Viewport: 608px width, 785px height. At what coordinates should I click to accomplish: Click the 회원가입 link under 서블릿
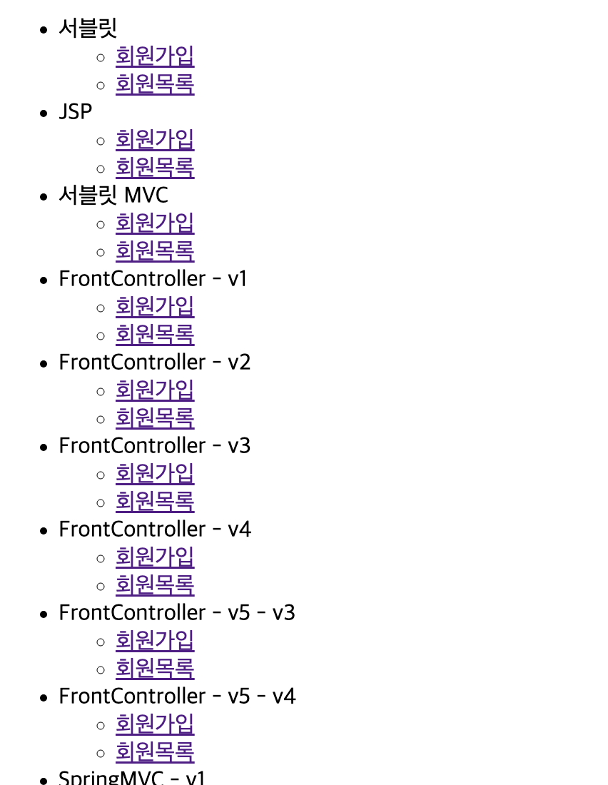pyautogui.click(x=155, y=56)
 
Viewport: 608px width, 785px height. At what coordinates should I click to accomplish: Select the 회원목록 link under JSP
pyautogui.click(x=155, y=167)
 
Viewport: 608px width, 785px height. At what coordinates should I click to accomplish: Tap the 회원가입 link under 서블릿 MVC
pyautogui.click(x=155, y=223)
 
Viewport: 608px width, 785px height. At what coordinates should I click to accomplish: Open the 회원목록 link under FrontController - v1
pyautogui.click(x=155, y=335)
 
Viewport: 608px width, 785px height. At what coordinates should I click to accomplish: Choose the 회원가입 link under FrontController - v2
pyautogui.click(x=155, y=390)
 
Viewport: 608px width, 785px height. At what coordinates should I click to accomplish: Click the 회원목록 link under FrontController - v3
pyautogui.click(x=155, y=501)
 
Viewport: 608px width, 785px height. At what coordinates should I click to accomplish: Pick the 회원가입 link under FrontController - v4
pyautogui.click(x=155, y=557)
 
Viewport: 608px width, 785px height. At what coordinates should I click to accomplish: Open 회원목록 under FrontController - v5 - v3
pyautogui.click(x=155, y=669)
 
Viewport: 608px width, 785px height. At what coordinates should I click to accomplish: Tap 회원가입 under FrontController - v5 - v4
pyautogui.click(x=155, y=724)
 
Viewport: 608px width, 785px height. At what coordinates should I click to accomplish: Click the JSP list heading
pyautogui.click(x=76, y=111)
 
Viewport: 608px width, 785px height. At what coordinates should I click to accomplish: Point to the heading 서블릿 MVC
pyautogui.click(x=113, y=196)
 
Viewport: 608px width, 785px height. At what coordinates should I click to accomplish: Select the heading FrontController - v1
pyautogui.click(x=153, y=279)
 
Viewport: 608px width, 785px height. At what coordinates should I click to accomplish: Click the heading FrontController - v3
pyautogui.click(x=155, y=445)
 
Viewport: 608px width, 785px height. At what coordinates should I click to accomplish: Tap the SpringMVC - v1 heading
pyautogui.click(x=132, y=778)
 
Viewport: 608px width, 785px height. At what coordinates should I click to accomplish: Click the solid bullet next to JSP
pyautogui.click(x=44, y=113)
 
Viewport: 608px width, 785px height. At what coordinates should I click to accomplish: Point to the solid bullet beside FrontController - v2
pyautogui.click(x=44, y=364)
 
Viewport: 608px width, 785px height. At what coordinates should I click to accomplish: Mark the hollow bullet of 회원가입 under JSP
pyautogui.click(x=101, y=141)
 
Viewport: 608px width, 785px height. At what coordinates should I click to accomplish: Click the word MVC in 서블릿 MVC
pyautogui.click(x=146, y=196)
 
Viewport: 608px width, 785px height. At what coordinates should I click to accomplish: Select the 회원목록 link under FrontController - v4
pyautogui.click(x=155, y=584)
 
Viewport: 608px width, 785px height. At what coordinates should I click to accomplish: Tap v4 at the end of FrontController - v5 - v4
pyautogui.click(x=284, y=697)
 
